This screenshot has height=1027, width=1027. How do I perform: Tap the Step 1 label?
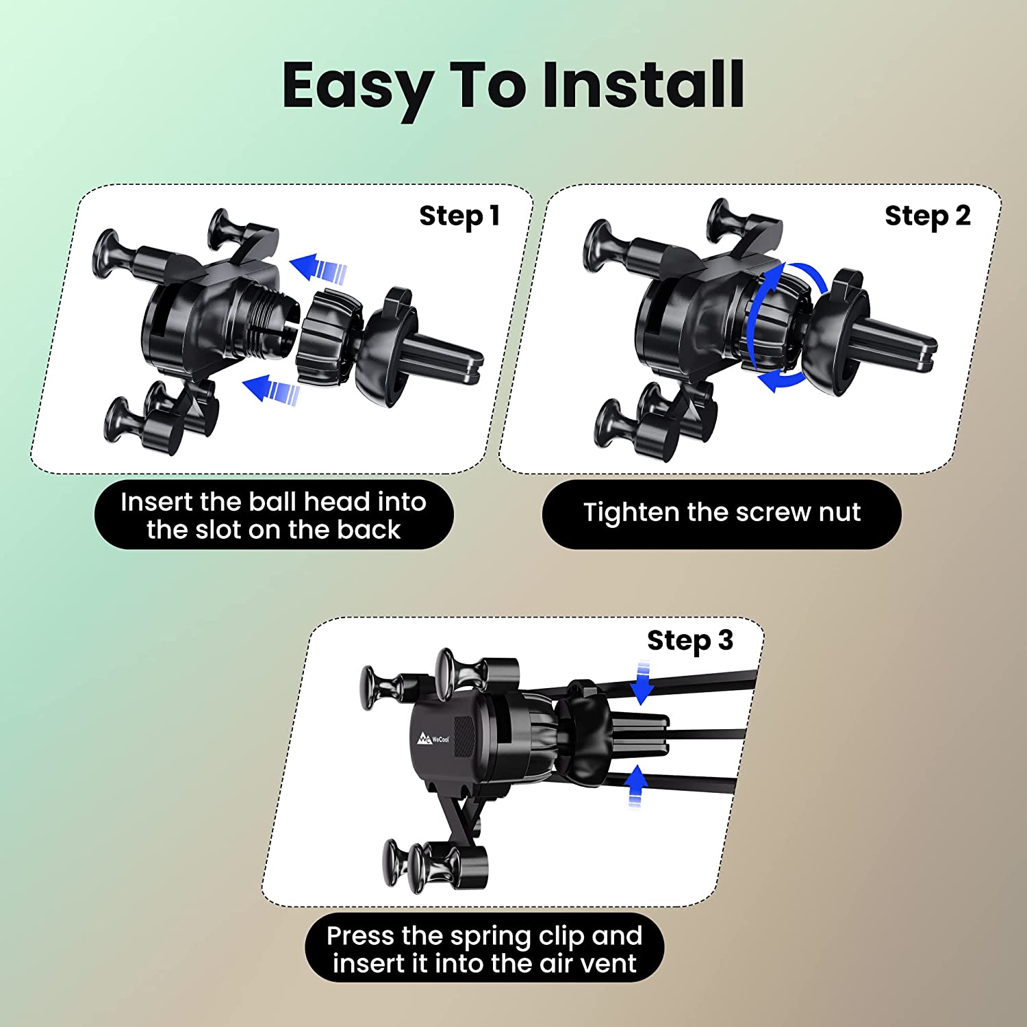(x=459, y=216)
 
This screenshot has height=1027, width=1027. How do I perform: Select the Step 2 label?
(x=928, y=216)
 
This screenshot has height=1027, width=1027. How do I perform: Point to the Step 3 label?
(x=690, y=642)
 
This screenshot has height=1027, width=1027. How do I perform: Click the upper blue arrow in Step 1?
(x=318, y=268)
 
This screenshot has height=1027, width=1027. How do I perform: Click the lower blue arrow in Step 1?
(x=272, y=390)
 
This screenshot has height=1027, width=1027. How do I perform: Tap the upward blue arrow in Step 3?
(x=637, y=787)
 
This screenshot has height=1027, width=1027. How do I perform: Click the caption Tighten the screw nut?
(x=722, y=512)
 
